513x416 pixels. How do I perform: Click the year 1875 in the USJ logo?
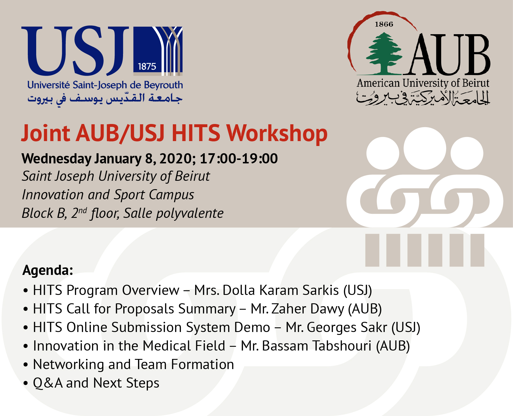[x=147, y=67]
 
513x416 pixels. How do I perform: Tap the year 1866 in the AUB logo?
[x=384, y=24]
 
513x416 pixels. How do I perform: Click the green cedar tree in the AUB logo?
[x=384, y=54]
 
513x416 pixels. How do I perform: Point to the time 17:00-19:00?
[x=239, y=158]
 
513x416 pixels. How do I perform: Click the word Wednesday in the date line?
[x=57, y=159]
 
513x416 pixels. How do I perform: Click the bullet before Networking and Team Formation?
[x=26, y=365]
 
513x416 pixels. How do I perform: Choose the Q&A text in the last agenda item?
[x=48, y=383]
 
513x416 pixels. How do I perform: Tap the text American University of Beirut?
[x=423, y=83]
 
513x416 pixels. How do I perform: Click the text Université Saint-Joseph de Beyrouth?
[x=105, y=85]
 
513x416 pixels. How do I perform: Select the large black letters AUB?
[x=447, y=54]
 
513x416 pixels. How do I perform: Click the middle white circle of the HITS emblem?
[x=425, y=148]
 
